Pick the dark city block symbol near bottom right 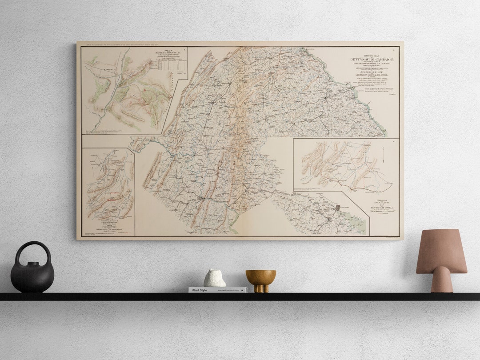(x=338, y=207)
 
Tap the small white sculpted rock (x=214, y=278)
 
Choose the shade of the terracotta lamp (x=441, y=251)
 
